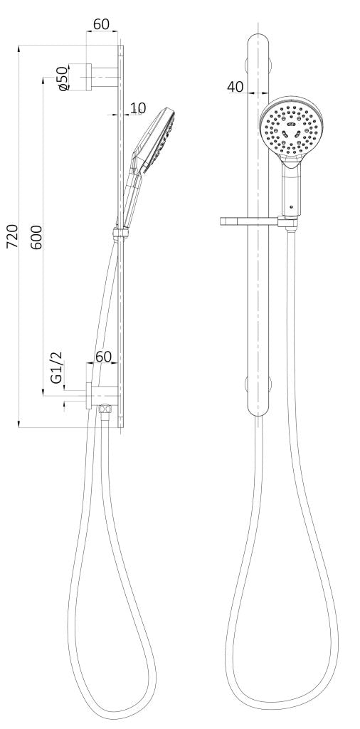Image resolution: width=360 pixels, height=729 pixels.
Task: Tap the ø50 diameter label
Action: (x=62, y=78)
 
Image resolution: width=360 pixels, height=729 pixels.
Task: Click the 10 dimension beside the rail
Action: (x=137, y=108)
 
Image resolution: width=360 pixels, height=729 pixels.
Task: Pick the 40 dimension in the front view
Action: (x=235, y=87)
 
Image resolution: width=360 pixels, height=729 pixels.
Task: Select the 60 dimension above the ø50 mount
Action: (x=101, y=24)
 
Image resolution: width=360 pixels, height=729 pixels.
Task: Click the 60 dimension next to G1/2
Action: (x=104, y=357)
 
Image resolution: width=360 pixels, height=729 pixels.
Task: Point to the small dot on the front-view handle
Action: (x=291, y=205)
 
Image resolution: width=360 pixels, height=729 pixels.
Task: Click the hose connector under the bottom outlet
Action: (x=106, y=410)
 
